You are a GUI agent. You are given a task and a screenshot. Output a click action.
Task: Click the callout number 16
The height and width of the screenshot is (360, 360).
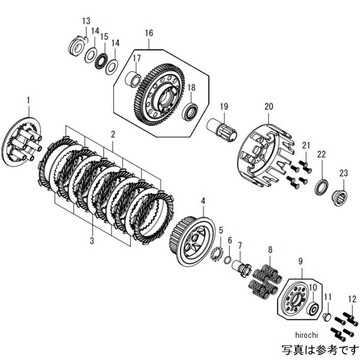tap(149, 32)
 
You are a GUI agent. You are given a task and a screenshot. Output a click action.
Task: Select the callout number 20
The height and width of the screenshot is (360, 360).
tap(268, 107)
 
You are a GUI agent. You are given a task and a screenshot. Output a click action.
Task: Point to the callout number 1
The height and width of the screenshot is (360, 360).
tap(28, 98)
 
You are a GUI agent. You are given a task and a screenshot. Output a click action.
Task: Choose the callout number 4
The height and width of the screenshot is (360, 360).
tap(203, 201)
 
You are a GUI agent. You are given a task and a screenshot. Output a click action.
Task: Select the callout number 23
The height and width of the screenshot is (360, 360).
tap(344, 174)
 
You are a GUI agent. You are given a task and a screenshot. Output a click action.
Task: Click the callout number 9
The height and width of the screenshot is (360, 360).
tap(299, 261)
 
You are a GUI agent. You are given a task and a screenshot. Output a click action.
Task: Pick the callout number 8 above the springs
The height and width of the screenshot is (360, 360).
tap(270, 249)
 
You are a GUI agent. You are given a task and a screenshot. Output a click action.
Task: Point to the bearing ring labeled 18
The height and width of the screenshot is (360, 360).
tap(191, 112)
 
